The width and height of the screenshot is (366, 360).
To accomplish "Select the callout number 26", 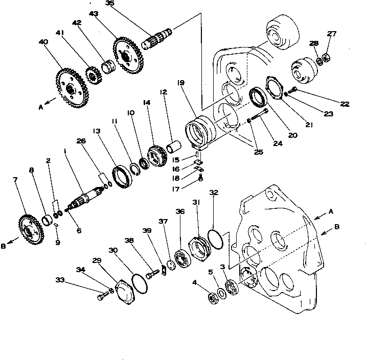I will coord(80,141).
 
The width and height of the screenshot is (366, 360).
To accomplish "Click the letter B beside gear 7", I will coord(4,246).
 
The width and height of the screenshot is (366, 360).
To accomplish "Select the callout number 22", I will coord(345,104).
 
